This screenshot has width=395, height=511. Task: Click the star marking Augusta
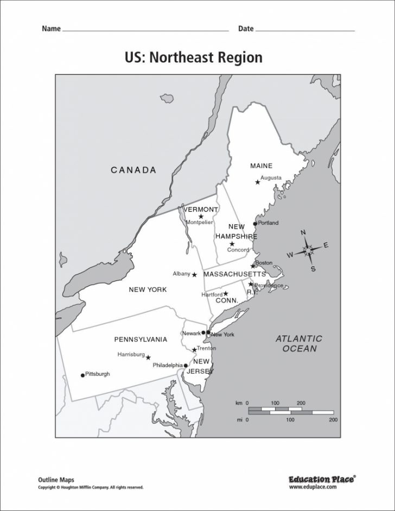click(258, 182)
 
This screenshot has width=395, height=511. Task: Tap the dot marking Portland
click(255, 223)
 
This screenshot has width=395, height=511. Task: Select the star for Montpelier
click(201, 216)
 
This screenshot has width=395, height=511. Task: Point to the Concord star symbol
click(232, 244)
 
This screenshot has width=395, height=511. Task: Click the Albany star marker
click(194, 274)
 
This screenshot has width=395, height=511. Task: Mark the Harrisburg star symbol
click(148, 357)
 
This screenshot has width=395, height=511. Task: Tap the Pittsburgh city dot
click(82, 375)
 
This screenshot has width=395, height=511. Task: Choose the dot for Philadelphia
click(186, 366)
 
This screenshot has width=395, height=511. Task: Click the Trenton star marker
click(194, 350)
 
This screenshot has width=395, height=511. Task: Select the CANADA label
click(133, 170)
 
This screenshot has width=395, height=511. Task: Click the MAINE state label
click(261, 165)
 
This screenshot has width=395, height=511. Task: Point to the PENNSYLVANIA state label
click(141, 340)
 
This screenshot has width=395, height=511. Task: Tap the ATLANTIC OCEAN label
click(298, 344)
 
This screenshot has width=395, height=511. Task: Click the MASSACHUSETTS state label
click(234, 274)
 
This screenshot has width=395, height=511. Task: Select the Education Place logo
click(322, 479)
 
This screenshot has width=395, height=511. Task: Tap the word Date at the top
click(246, 29)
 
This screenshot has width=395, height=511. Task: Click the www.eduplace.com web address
click(321, 487)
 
